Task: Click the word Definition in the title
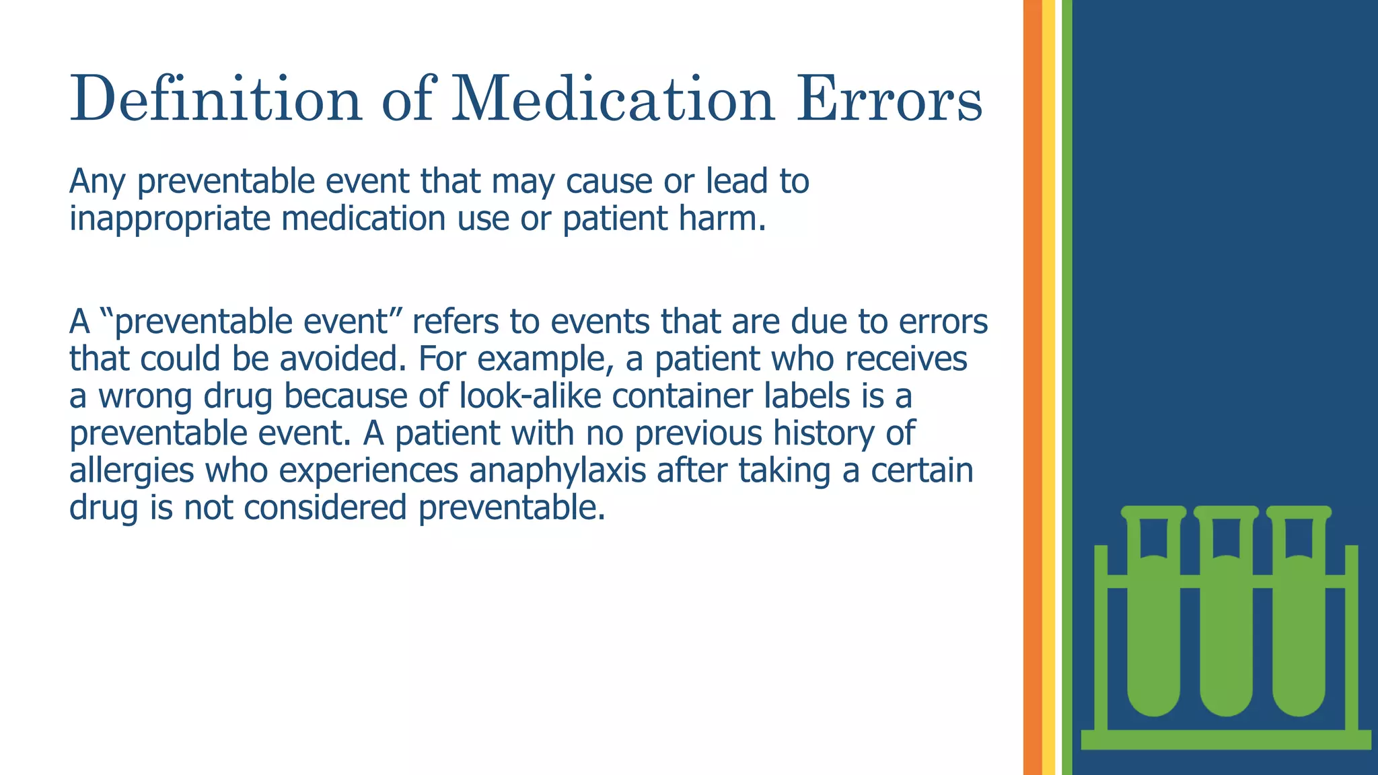[215, 100]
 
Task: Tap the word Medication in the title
[612, 100]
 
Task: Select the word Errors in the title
[890, 100]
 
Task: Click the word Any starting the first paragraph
[97, 182]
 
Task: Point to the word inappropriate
[170, 219]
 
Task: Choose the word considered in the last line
[325, 507]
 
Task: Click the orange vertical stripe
[1032, 387]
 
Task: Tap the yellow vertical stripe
[1048, 387]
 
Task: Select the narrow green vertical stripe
[1066, 387]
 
